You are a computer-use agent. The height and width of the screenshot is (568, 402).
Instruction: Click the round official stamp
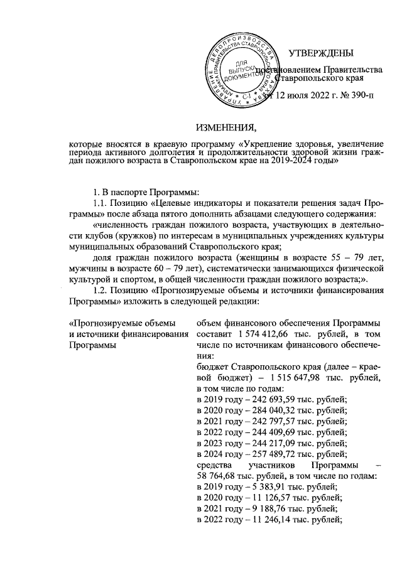(x=242, y=71)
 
